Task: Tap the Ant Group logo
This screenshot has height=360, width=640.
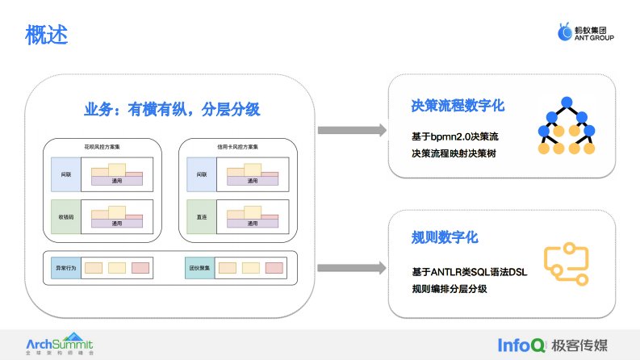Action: tap(586, 32)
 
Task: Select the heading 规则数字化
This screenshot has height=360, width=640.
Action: tap(445, 238)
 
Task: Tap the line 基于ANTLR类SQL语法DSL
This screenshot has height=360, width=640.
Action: tap(469, 272)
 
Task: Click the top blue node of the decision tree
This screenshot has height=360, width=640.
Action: tap(565, 102)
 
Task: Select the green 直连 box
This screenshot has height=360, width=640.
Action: tap(200, 217)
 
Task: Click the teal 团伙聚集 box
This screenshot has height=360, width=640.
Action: tap(199, 267)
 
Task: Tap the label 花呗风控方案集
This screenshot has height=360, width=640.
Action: tap(101, 145)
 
